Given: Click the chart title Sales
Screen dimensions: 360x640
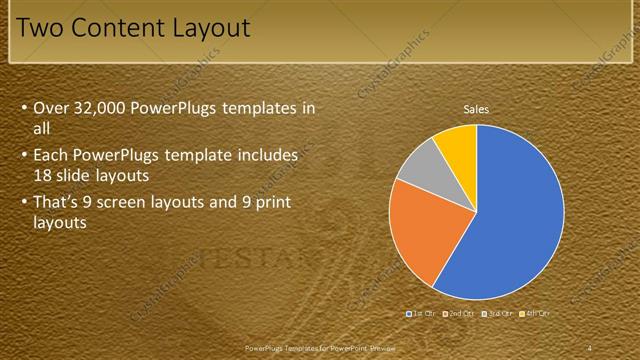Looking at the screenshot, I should click(x=475, y=108).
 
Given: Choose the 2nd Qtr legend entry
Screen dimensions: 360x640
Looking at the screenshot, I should click(x=459, y=313).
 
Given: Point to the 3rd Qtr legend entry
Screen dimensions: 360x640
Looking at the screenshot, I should click(x=497, y=313).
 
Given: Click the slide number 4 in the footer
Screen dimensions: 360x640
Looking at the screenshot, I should click(x=589, y=347).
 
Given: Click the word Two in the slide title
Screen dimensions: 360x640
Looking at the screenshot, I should click(x=41, y=27).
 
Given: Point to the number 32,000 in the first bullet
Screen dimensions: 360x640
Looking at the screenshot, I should click(x=102, y=108).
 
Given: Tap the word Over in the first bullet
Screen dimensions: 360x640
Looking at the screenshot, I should click(x=51, y=108).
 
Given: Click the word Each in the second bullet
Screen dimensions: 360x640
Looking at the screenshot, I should click(x=51, y=156).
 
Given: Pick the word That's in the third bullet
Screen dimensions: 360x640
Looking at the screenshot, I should click(x=58, y=204).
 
